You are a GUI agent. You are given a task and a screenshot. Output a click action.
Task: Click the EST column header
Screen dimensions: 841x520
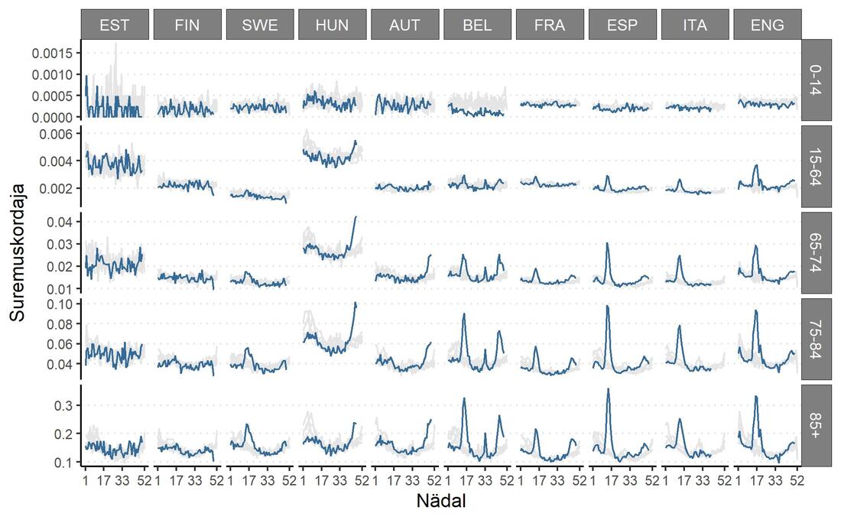tap(114, 24)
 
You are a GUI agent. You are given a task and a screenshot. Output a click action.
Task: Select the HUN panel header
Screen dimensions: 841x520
tap(332, 24)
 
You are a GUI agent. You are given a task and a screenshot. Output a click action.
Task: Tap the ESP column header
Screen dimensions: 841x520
tap(622, 24)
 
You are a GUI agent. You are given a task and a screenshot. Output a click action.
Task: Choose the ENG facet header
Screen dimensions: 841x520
tap(767, 24)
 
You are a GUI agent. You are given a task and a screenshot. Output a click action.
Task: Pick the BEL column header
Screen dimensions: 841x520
tap(477, 24)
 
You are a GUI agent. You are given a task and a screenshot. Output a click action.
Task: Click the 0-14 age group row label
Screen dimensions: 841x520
tap(816, 80)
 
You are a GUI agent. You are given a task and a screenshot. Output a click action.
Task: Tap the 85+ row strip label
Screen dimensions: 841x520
tap(816, 425)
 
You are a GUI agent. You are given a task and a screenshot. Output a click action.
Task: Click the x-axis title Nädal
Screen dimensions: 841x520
tap(441, 501)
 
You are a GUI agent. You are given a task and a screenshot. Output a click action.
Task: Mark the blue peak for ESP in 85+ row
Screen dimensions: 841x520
tap(608, 388)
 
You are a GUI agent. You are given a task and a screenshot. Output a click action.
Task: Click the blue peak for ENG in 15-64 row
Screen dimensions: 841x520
tap(756, 164)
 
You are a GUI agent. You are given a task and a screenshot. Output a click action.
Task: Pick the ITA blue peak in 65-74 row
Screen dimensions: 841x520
tap(679, 256)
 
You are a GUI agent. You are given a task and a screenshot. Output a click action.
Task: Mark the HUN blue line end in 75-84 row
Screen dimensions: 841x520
tap(356, 303)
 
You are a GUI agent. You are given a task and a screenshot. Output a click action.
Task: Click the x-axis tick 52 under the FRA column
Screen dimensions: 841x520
tap(580, 480)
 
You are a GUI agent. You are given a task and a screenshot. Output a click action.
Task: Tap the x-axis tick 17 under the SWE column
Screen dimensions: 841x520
tap(249, 480)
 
